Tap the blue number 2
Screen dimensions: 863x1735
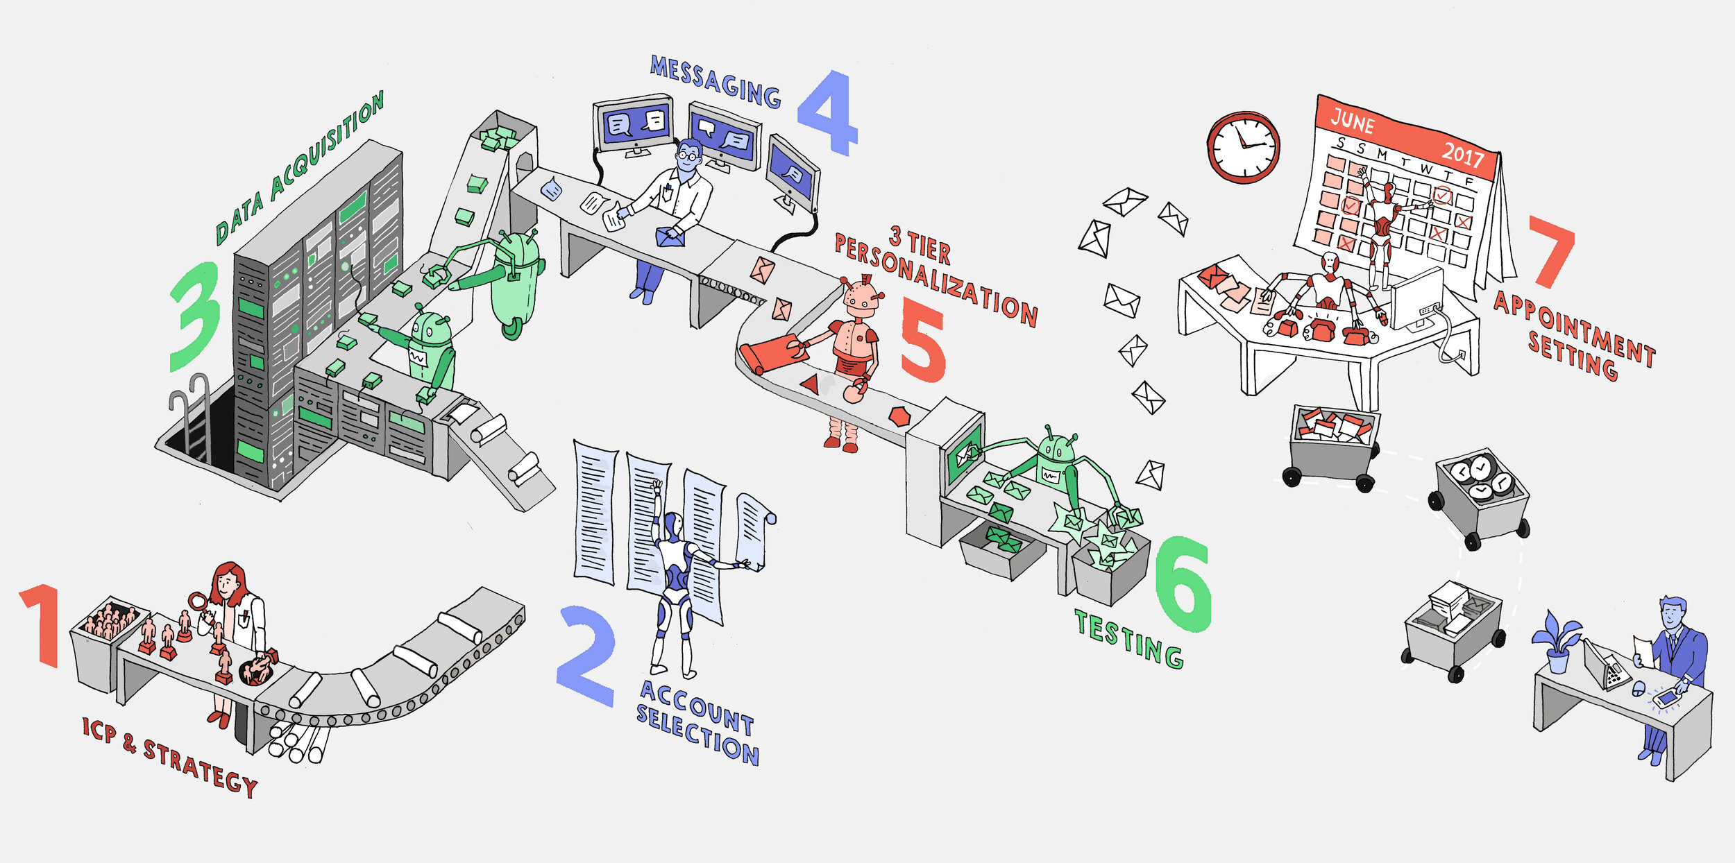pyautogui.click(x=586, y=656)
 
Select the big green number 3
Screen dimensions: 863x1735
pyautogui.click(x=196, y=316)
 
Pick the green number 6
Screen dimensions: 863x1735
pyautogui.click(x=1183, y=583)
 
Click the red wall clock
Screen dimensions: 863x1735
pyautogui.click(x=1243, y=147)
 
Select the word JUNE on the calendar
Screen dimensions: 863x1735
pyautogui.click(x=1352, y=122)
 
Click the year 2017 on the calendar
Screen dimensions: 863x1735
pyautogui.click(x=1462, y=153)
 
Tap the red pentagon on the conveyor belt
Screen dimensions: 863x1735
pyautogui.click(x=899, y=416)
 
